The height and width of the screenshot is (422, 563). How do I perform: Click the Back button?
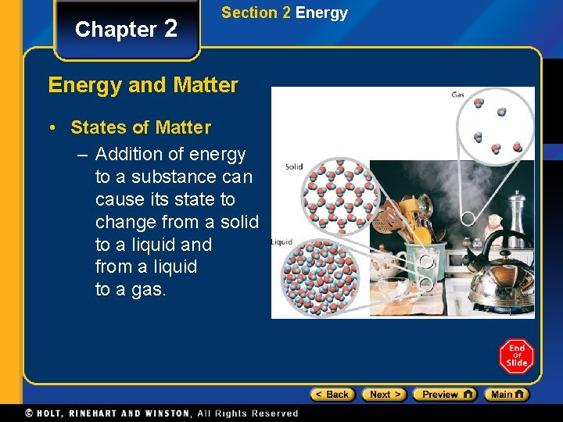[332, 395]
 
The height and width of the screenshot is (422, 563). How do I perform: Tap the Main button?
[506, 395]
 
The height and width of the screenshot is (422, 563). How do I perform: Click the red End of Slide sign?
[516, 356]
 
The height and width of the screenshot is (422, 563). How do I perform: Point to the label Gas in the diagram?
[458, 95]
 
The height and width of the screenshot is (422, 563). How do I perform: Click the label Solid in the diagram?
[294, 166]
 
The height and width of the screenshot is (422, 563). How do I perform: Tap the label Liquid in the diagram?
[281, 242]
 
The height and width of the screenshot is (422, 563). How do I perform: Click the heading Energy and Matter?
[143, 84]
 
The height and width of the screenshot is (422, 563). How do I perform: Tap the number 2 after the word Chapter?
[171, 29]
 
